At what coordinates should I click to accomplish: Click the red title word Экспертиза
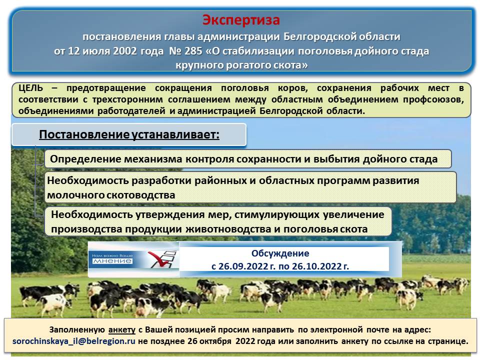(241, 20)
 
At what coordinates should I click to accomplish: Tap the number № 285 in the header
(186, 51)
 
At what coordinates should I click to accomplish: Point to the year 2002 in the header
(125, 51)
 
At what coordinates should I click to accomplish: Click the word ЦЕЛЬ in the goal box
(30, 88)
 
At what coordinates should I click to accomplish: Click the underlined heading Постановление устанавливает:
(129, 134)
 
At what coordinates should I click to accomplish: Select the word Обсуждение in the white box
(280, 253)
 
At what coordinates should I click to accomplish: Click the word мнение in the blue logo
(112, 261)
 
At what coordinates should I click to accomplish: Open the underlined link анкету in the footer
(122, 330)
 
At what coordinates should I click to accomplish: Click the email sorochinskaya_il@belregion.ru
(74, 341)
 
